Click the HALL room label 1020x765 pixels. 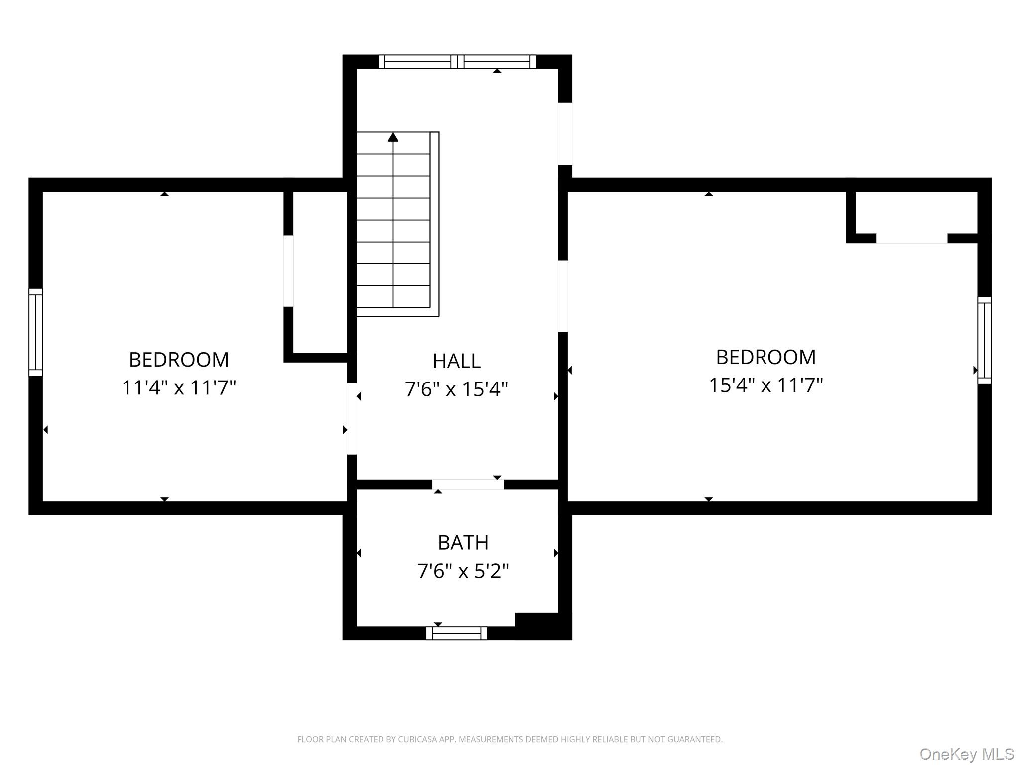coord(457,361)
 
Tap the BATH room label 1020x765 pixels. coord(463,543)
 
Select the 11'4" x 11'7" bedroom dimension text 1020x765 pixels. coord(179,387)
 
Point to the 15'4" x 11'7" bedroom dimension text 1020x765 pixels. coord(766,385)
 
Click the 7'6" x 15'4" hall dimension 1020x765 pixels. coord(457,389)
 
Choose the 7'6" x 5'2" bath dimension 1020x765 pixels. coord(463,571)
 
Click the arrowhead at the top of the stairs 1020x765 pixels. coord(393,137)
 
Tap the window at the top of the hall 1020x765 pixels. coord(457,62)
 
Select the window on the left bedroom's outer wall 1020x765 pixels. coord(36,332)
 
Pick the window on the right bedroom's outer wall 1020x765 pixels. coord(985,340)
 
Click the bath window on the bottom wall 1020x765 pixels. coord(457,633)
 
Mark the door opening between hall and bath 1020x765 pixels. coord(468,484)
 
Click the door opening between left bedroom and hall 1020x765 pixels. coord(352,418)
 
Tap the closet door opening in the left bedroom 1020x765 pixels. coord(288,271)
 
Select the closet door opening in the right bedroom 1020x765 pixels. coord(911,238)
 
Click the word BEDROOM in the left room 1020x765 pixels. coord(179,360)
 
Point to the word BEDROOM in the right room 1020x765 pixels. coord(766,357)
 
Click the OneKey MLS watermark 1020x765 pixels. coord(967,754)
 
